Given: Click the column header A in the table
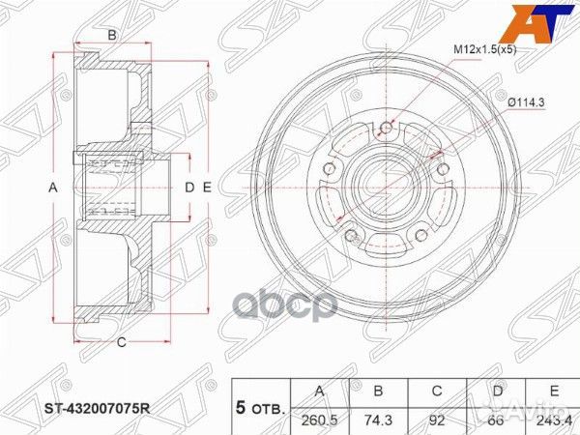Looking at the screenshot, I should click(x=317, y=392).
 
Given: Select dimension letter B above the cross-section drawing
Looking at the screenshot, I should click(x=112, y=36).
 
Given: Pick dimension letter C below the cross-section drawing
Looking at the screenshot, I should click(x=122, y=341).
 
